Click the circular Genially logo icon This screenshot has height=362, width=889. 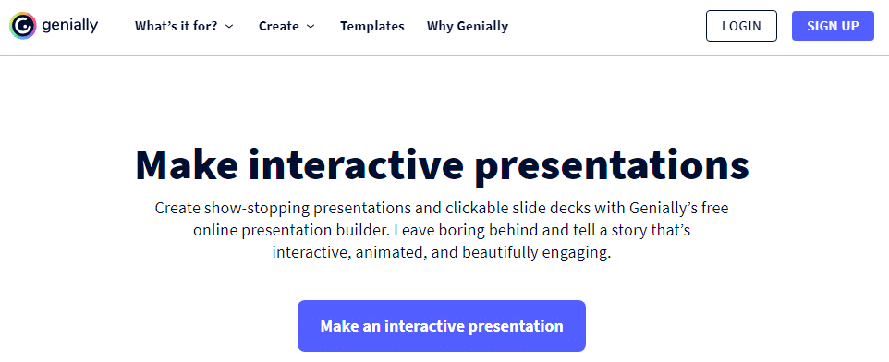(23, 26)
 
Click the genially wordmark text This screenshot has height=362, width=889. (69, 26)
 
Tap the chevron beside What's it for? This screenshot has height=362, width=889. (229, 27)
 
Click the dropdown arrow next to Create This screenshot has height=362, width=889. (311, 27)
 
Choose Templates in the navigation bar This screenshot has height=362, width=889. (371, 26)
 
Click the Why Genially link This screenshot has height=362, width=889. (468, 26)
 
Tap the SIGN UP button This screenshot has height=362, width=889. (833, 26)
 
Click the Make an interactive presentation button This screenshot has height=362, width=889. (442, 326)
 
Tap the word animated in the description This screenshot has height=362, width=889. (390, 252)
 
